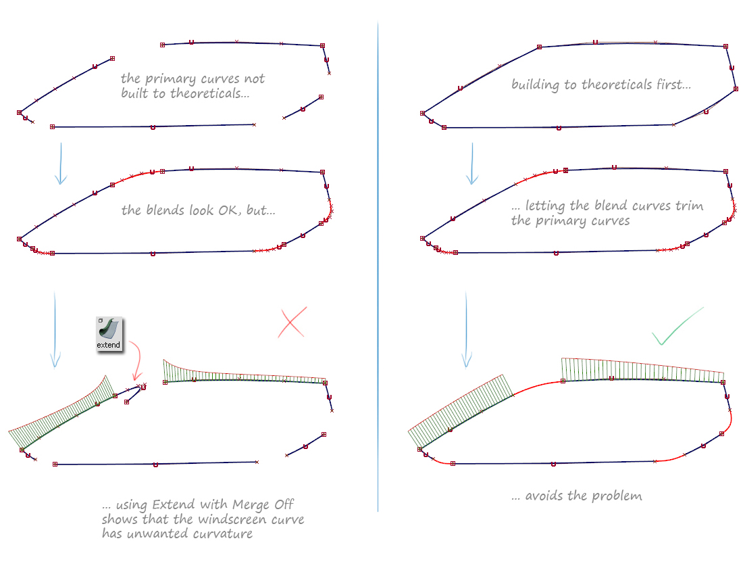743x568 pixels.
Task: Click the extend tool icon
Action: coord(109,333)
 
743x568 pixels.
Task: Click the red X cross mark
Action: coord(292,323)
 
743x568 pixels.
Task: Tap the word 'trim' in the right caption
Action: coord(689,206)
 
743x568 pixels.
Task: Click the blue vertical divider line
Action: coord(378,270)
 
